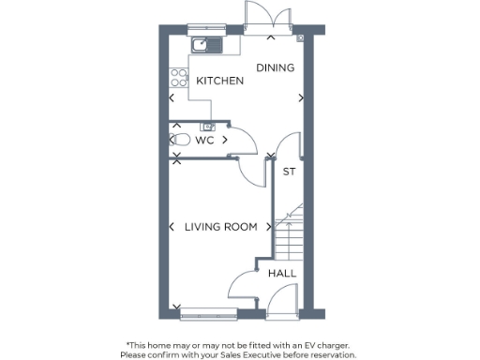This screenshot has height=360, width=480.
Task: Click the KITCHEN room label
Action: [x=219, y=82]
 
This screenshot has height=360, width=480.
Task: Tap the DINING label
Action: [x=276, y=67]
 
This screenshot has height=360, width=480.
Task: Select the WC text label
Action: [x=204, y=140]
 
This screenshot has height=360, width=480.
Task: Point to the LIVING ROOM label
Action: [x=220, y=227]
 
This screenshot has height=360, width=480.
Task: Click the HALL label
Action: [x=282, y=273]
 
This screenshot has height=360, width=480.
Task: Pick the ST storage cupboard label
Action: [x=289, y=172]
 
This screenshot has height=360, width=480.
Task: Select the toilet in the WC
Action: [x=182, y=140]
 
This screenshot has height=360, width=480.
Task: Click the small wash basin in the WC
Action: [x=207, y=126]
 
